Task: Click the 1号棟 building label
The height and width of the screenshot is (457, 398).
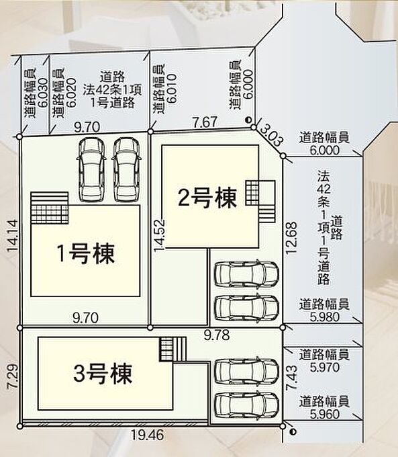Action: pos(86,253)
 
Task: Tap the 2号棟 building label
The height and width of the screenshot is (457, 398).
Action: pos(207,198)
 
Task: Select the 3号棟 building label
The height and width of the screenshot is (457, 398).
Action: pos(103,374)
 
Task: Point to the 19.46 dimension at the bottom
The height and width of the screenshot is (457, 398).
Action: pos(147,435)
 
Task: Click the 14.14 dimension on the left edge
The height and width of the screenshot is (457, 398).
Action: pos(12,235)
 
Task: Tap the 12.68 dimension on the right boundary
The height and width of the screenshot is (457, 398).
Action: pos(291,238)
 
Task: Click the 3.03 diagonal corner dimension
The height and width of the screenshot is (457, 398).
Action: pos(271,135)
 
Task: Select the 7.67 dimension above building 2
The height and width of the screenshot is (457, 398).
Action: pos(205,122)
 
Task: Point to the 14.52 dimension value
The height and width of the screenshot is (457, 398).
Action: pos(160,235)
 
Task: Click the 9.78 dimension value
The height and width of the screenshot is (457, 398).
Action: pos(217,335)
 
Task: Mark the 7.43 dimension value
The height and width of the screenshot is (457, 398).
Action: pos(292,378)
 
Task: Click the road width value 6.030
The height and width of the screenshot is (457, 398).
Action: pos(43,92)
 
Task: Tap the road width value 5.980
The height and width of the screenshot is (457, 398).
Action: pos(325,317)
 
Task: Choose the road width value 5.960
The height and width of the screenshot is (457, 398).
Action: pos(325,414)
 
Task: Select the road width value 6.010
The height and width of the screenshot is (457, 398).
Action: pos(172,88)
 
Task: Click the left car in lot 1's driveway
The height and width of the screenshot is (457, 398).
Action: pos(91,169)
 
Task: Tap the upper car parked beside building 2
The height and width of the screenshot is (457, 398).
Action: pos(246,274)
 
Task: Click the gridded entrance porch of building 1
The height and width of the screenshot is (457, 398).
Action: pos(50,214)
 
